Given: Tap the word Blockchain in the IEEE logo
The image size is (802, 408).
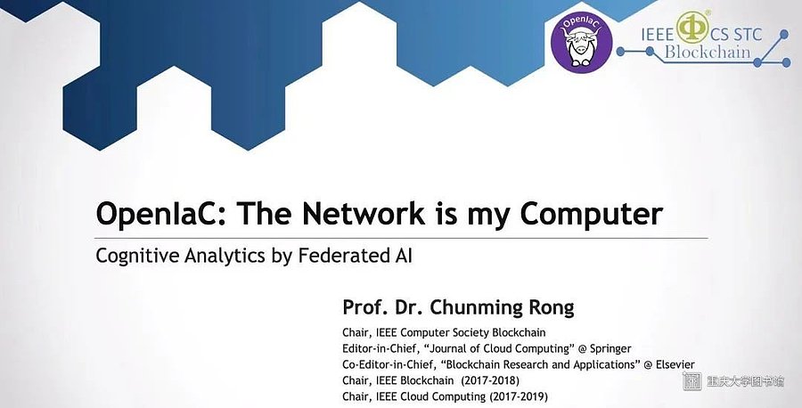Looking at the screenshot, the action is tap(708, 53).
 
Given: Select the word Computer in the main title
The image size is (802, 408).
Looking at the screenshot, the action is tap(592, 215).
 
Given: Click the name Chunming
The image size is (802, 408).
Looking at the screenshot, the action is tap(472, 308).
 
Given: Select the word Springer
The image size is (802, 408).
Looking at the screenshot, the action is tap(610, 349).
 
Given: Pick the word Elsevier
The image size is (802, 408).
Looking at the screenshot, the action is tap(675, 364).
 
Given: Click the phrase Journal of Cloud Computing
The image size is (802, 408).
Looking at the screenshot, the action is tap(500, 349).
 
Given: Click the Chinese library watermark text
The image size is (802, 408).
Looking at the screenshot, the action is tap(745, 381).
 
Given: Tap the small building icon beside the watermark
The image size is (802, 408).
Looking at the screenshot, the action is tap(693, 381).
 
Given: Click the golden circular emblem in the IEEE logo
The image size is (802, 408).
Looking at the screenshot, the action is tap(692, 28).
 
